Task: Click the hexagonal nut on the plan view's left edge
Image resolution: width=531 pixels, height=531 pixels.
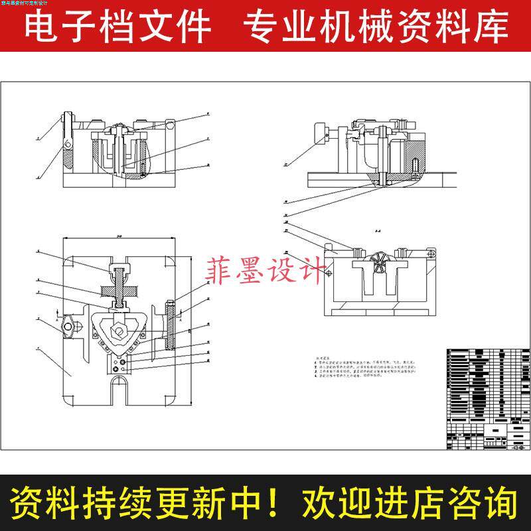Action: pos(68,327)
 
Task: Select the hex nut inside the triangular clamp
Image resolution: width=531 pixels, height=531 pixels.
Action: pos(117,330)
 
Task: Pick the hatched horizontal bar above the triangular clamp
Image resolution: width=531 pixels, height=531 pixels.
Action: pos(117,290)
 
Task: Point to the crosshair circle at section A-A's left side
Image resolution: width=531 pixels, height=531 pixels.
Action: pos(328,272)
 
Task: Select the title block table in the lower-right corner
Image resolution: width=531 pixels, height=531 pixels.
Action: pos(484,398)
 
